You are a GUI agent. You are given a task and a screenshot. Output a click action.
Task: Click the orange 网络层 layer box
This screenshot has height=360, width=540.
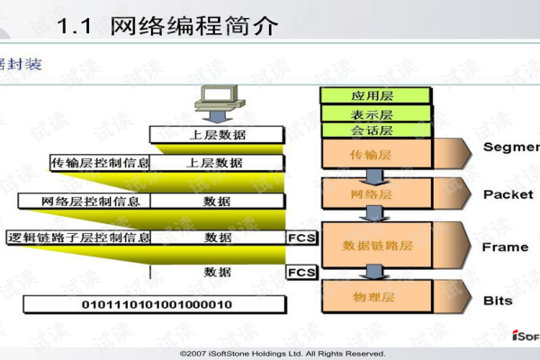point(370,193)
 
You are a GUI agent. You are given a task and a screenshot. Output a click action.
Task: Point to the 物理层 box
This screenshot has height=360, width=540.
point(370,296)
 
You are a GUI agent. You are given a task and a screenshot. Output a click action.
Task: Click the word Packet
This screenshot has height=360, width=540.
point(508,194)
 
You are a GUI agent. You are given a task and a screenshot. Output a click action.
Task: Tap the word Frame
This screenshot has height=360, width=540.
point(506,247)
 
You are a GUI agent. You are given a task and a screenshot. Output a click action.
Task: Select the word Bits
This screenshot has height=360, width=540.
point(498,301)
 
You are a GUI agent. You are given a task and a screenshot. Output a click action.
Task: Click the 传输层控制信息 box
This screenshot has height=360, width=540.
point(100,163)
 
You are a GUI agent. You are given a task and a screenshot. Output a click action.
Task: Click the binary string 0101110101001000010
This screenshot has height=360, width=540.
point(157,304)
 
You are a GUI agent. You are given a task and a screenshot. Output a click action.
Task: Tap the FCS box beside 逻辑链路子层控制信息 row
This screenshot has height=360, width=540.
point(300,238)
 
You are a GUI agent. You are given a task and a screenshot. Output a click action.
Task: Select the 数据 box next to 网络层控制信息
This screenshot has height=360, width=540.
point(217,201)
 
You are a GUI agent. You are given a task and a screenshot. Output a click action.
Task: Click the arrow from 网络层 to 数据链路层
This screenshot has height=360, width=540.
point(370,214)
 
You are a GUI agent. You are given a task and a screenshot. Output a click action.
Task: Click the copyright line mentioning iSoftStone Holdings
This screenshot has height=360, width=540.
point(282,353)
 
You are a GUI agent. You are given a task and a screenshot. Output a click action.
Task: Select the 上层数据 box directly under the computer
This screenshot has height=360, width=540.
point(217,135)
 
